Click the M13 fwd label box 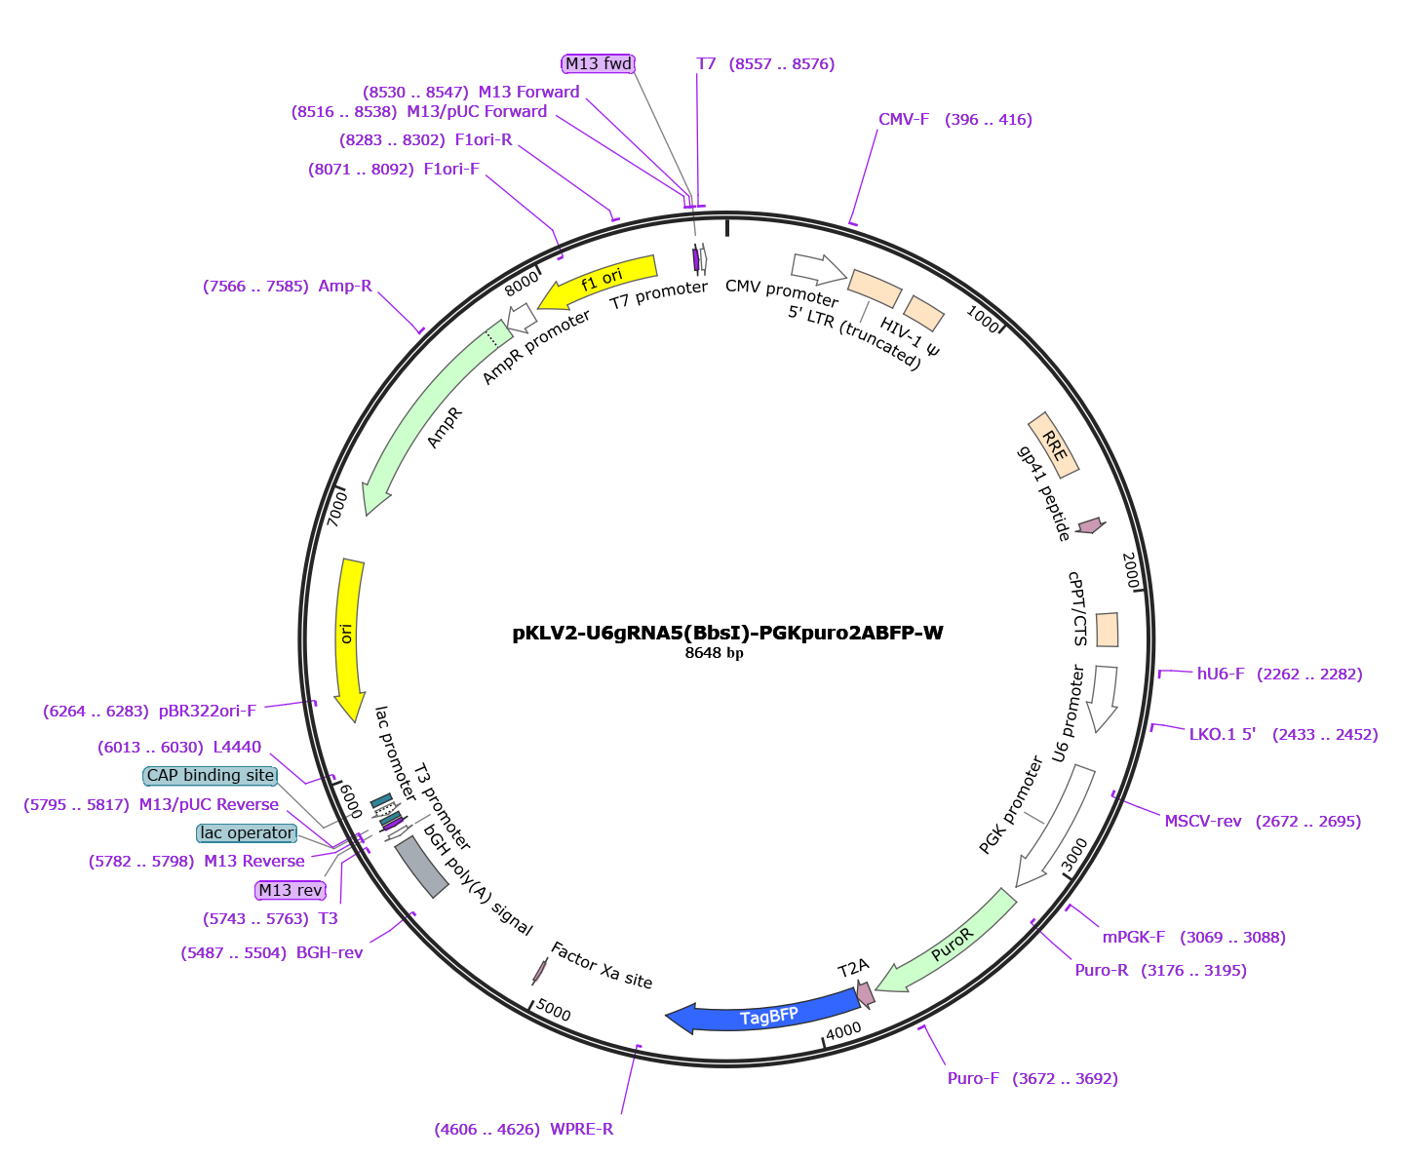[599, 64]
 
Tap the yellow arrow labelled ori [345, 634]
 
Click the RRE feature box [1054, 445]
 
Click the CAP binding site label [210, 776]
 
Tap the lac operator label [245, 833]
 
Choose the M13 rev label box [290, 891]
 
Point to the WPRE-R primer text [525, 1131]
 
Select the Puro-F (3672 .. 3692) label [1032, 1079]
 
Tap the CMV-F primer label [954, 120]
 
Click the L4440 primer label [179, 747]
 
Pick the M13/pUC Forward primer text [419, 112]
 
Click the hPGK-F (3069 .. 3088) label [1194, 938]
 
